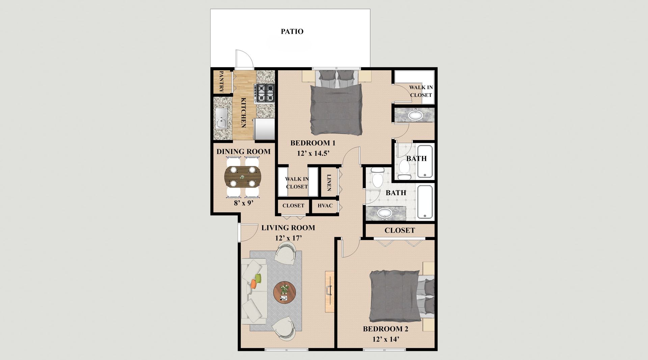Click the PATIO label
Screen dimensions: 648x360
coord(292,31)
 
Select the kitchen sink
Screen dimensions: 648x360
coord(221,118)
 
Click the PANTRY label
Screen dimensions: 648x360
coord(222,81)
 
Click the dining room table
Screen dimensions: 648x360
coord(243,177)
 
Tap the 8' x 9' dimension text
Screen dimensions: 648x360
coord(243,203)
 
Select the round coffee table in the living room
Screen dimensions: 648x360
coord(285,292)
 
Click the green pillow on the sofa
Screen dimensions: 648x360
coord(258,279)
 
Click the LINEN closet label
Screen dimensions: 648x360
coord(329,183)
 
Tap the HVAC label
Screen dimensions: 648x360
coord(325,206)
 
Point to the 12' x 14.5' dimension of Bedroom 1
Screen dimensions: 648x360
coord(313,153)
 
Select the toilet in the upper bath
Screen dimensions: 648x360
coord(404,168)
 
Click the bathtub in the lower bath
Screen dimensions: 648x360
coord(425,202)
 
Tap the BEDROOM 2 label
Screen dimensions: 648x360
coord(385,329)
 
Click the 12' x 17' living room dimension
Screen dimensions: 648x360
coord(288,238)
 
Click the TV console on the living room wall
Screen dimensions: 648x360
coord(329,291)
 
